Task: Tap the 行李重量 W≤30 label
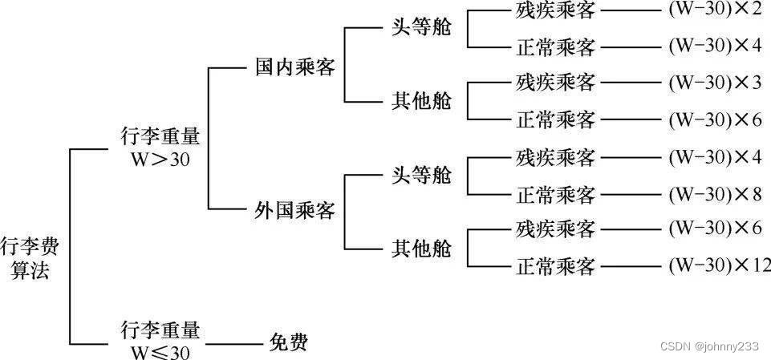pos(160,341)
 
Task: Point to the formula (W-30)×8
pos(715,193)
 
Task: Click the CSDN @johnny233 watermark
pos(708,346)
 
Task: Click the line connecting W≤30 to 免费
pos(233,344)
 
